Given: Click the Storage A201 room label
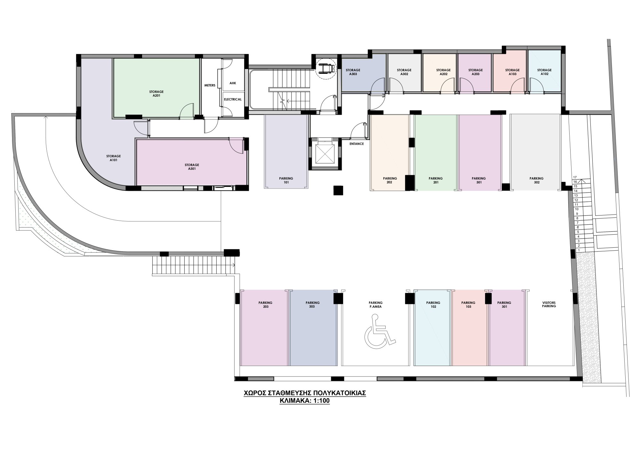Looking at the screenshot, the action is point(156,93).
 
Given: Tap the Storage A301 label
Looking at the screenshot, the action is point(192,167).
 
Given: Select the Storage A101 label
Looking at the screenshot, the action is point(114,158).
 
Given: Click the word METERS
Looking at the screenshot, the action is point(210,85).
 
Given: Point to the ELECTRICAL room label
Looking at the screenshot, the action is point(233,99).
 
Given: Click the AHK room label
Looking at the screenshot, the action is point(233,83).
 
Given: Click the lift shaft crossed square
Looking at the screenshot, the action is point(324,154).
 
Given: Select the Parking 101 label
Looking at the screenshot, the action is point(286,180).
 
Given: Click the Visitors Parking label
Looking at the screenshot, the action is point(549,304).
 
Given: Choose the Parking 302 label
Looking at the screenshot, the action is point(537,180).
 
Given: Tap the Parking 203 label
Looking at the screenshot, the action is point(266,305).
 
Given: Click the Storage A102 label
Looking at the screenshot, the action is point(544,72).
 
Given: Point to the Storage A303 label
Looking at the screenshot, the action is point(353,72).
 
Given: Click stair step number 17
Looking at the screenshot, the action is point(575,177).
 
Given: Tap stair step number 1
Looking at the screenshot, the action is point(579,250).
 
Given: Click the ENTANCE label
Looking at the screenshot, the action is point(356,144).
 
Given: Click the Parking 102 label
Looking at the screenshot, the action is point(433,305).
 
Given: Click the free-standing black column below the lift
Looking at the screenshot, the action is point(338,190).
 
